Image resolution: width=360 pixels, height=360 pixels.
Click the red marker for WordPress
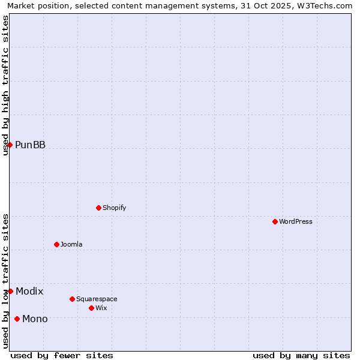[x=275, y=221]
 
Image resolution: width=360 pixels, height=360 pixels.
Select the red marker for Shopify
[x=98, y=208]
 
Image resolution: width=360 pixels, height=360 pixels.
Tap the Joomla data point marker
[x=56, y=244]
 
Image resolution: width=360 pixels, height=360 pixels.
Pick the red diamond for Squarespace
[x=72, y=299]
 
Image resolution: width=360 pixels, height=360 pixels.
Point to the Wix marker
[x=91, y=308]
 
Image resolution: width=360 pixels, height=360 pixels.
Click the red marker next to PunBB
[x=10, y=145]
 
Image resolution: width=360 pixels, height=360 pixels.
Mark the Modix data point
[x=10, y=291]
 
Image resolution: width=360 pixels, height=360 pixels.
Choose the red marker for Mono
[x=17, y=319]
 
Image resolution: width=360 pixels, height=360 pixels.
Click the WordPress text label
[x=296, y=221]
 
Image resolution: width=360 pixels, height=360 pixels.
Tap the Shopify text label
[x=114, y=208]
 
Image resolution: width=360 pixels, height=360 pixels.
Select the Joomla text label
[x=71, y=244]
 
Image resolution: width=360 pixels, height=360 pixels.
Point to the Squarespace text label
[x=97, y=299]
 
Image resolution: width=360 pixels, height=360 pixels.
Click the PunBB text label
[x=30, y=145]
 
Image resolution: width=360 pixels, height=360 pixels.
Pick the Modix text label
[x=29, y=291]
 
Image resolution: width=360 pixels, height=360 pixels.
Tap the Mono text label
[x=35, y=319]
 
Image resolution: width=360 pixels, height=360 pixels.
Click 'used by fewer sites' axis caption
[x=62, y=355]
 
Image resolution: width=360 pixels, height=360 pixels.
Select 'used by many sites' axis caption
[x=301, y=355]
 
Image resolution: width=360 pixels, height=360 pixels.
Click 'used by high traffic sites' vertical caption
[x=5, y=85]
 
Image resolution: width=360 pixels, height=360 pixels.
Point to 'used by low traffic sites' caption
[x=5, y=281]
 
